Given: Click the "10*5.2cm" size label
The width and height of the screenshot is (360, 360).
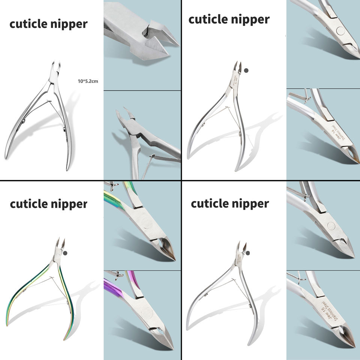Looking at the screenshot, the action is click(x=88, y=81).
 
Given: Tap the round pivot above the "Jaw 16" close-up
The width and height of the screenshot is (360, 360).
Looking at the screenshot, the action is click(x=331, y=225).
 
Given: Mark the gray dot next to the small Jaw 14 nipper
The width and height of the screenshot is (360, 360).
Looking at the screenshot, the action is click(x=246, y=70).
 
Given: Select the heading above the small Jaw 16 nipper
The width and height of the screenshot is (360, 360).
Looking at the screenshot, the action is click(x=229, y=204).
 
